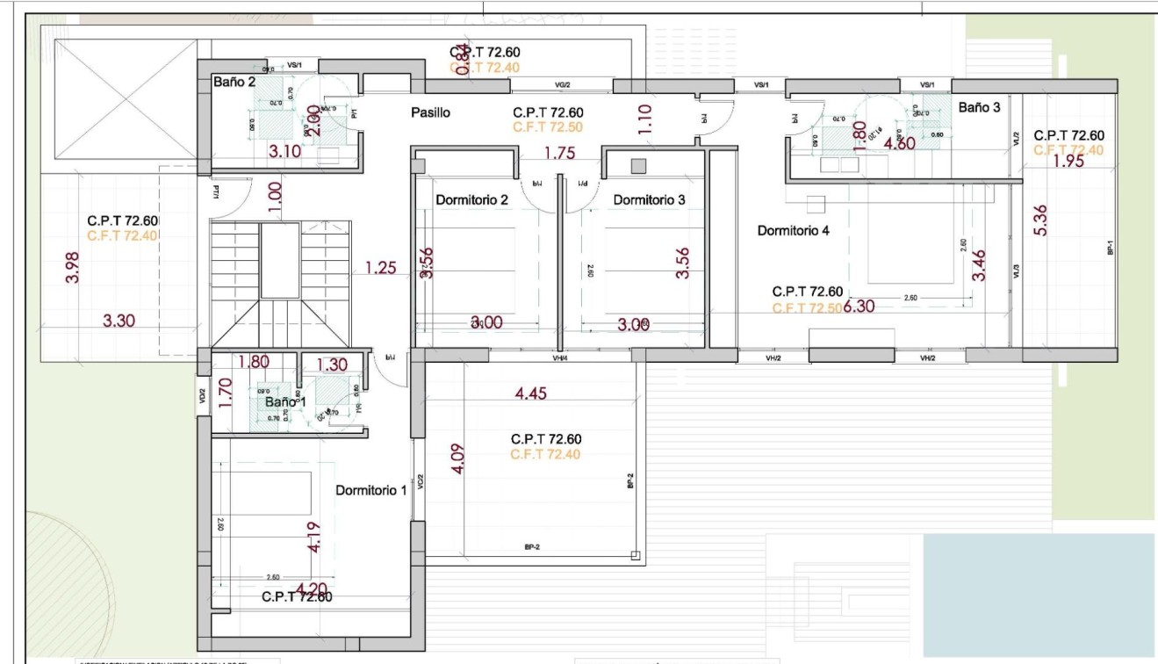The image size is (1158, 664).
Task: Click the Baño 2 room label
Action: coord(234,82)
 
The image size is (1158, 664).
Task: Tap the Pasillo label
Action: coord(430,113)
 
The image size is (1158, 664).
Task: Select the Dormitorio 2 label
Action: coord(471,200)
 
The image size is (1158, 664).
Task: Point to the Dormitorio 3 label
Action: coord(649,200)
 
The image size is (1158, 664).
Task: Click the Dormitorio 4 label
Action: coord(793,231)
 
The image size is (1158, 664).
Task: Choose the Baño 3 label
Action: coord(978,107)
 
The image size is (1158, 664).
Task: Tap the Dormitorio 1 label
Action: coord(370,490)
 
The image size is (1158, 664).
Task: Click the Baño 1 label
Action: coord(284,402)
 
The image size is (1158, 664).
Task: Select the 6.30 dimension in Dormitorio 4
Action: coord(860,307)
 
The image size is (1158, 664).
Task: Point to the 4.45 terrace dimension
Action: coord(530,393)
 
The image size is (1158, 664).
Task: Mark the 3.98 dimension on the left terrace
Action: coord(72,268)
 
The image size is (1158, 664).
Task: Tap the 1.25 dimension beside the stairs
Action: coord(381,269)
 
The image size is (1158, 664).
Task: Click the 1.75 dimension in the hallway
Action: coord(559,153)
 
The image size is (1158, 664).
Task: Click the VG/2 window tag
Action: coord(562,85)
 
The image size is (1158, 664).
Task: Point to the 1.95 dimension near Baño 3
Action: coord(1068,162)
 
